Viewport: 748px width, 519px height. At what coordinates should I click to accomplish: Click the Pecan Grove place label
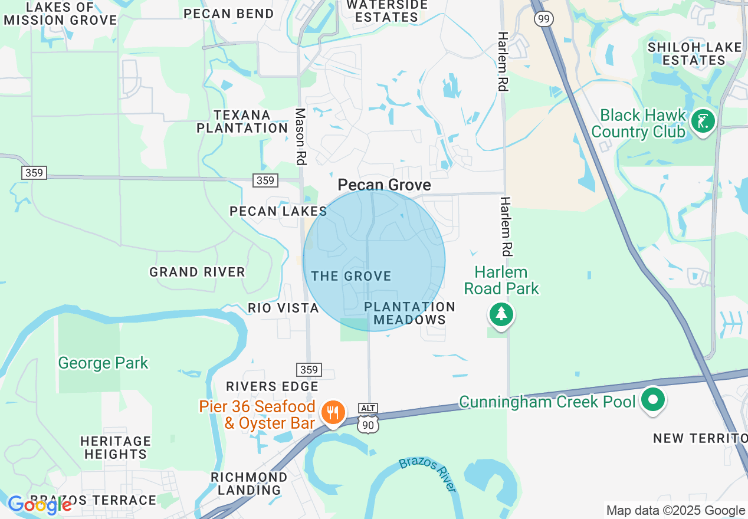point(384,185)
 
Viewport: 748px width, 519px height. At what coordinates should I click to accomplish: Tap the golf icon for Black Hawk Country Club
point(703,121)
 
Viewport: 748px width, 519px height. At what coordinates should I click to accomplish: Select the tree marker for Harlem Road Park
point(501,314)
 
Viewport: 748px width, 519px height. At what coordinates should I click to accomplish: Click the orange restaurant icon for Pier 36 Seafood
point(333,412)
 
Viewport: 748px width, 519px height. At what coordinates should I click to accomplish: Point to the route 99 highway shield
point(543,19)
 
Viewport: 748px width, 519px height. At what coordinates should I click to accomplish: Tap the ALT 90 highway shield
point(368,416)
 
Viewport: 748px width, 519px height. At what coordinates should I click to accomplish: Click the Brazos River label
point(428,474)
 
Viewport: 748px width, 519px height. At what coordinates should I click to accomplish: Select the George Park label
point(103,363)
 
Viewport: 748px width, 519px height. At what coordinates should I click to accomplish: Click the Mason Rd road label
point(301,136)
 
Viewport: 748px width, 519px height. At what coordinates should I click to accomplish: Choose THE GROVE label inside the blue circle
point(351,276)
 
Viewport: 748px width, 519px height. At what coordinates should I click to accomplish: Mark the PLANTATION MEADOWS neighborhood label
point(410,313)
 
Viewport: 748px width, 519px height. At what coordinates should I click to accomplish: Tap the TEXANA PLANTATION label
point(242,121)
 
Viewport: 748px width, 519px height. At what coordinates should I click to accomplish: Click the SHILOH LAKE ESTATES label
point(694,53)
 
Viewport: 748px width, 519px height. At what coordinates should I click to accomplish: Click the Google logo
point(39,505)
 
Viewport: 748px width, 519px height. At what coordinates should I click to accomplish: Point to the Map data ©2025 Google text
point(675,511)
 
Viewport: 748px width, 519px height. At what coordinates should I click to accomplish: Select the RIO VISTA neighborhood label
point(283,308)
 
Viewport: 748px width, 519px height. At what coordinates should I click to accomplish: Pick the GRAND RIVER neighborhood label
point(197,272)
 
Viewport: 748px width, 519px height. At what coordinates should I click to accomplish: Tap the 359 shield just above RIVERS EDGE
point(309,370)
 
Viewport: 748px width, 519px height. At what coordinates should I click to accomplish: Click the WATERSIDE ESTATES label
point(386,11)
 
